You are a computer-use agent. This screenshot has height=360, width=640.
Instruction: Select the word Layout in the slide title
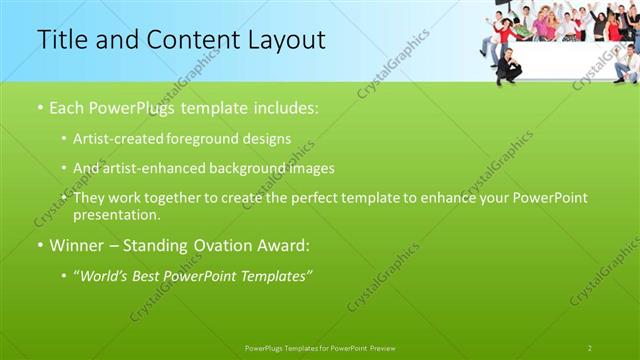[286, 40]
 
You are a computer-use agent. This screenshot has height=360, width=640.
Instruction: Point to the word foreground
[217, 138]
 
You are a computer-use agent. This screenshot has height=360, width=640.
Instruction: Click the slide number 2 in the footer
[590, 348]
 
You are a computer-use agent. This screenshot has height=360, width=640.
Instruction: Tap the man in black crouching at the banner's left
[510, 66]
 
